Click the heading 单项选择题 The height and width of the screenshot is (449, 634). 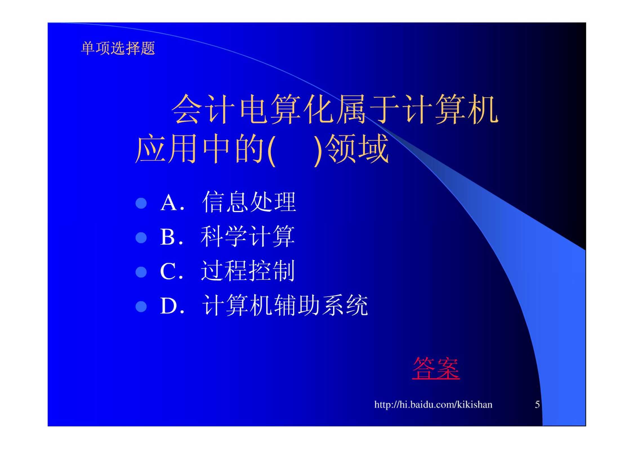click(x=118, y=48)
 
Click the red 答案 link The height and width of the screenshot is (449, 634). click(x=436, y=368)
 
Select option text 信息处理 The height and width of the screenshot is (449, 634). click(x=249, y=202)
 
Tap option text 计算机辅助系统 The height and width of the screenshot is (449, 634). click(x=285, y=305)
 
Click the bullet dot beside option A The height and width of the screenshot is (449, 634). click(x=141, y=203)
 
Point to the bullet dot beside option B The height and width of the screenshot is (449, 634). click(x=141, y=237)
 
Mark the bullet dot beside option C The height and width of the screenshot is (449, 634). click(x=141, y=272)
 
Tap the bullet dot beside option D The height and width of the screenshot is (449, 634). click(x=141, y=306)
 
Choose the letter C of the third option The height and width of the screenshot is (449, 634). click(x=168, y=271)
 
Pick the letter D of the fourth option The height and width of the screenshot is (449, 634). click(x=169, y=306)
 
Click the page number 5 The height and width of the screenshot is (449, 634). click(x=537, y=405)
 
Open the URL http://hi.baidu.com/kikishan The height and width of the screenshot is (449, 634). click(x=433, y=405)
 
